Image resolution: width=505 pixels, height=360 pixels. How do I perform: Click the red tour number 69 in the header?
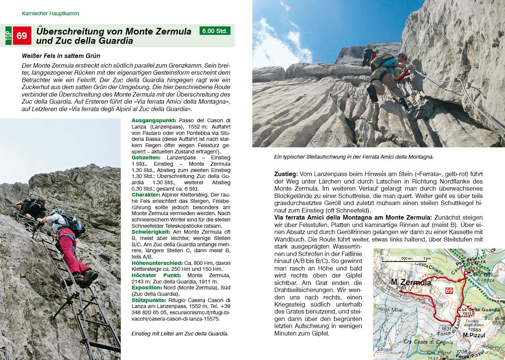[22, 36]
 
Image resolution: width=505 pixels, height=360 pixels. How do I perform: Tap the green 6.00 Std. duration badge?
[215, 31]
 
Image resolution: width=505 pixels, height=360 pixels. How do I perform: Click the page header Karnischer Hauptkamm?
[50, 13]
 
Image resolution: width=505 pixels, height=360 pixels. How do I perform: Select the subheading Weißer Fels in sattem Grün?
[61, 56]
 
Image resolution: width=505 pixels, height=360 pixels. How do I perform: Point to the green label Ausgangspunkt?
[153, 120]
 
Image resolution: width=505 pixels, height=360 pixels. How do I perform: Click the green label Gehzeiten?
[146, 158]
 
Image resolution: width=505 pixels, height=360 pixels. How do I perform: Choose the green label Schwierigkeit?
[150, 232]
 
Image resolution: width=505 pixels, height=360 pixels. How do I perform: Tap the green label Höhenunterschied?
[157, 263]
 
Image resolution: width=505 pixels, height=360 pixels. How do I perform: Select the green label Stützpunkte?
[149, 300]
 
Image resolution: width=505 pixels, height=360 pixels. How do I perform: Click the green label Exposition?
[147, 288]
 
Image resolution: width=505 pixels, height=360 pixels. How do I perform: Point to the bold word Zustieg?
[286, 174]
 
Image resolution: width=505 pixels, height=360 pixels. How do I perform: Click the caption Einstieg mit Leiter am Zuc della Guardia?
[180, 334]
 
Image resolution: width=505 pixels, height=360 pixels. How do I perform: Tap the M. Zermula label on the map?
[411, 283]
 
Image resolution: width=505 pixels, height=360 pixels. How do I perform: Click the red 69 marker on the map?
[449, 291]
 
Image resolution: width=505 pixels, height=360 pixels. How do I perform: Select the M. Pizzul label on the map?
[474, 335]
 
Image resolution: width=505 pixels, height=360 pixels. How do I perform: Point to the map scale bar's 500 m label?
[406, 258]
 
